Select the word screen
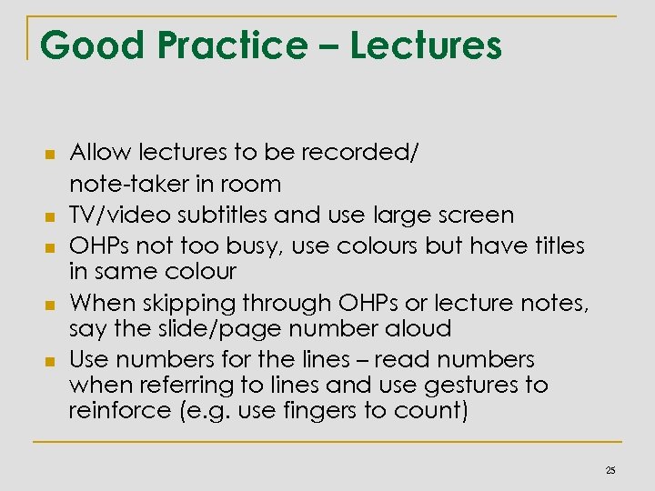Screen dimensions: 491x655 point(473,215)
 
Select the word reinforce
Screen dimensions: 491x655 point(115,411)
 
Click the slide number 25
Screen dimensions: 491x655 point(610,470)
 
